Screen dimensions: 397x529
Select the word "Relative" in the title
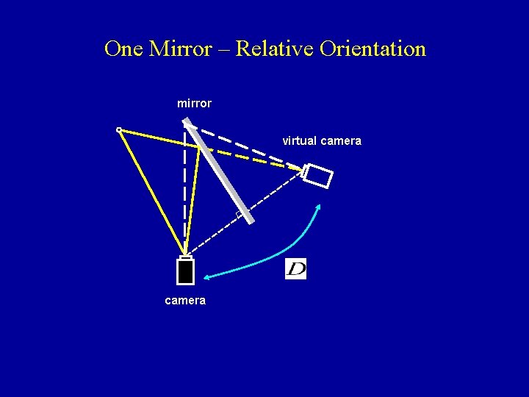[x=275, y=49]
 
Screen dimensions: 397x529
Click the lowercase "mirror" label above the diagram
[x=194, y=104]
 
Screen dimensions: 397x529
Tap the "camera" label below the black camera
[x=185, y=301]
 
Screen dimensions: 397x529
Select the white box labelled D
[x=295, y=269]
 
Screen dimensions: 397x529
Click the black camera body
[x=185, y=271]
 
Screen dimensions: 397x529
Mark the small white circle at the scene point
[x=119, y=130]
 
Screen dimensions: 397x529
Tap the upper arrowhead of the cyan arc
[x=320, y=206]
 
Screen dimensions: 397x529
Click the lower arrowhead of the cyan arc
[x=206, y=277]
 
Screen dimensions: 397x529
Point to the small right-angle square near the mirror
[x=239, y=214]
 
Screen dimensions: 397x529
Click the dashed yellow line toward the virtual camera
[x=257, y=157]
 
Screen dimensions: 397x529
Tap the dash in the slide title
[x=223, y=50]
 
